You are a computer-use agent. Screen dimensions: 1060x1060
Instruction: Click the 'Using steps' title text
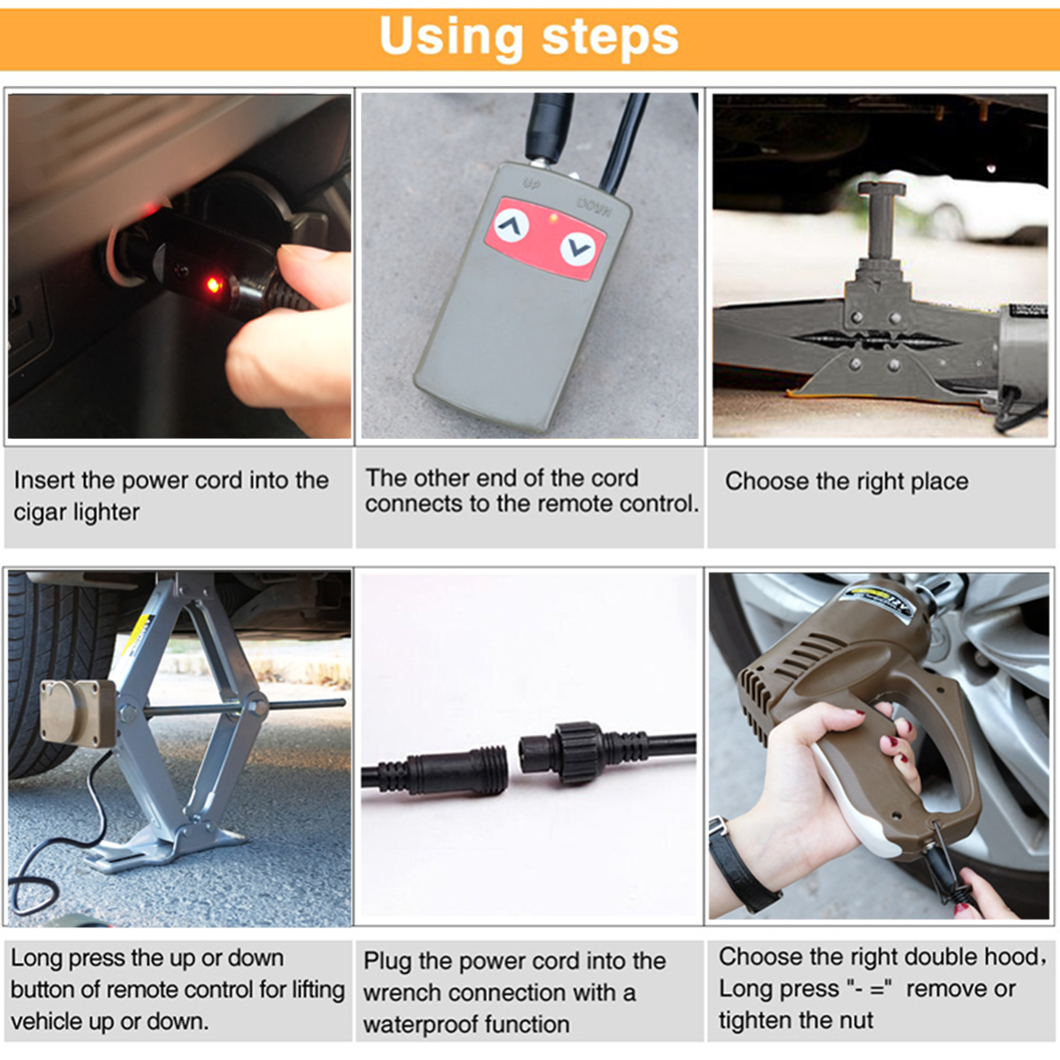pyautogui.click(x=528, y=37)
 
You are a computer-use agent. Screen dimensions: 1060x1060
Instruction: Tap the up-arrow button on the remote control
pyautogui.click(x=511, y=225)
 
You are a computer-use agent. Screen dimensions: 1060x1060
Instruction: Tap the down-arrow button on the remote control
pyautogui.click(x=578, y=249)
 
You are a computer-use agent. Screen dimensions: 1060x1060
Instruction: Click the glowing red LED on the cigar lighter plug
pyautogui.click(x=212, y=285)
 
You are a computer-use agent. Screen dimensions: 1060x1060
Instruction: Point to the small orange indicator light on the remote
pyautogui.click(x=553, y=218)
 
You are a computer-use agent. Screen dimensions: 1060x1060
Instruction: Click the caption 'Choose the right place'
pyautogui.click(x=846, y=481)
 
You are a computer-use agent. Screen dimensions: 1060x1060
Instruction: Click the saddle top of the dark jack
pyautogui.click(x=882, y=189)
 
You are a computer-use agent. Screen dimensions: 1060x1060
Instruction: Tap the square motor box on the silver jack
pyautogui.click(x=78, y=714)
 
